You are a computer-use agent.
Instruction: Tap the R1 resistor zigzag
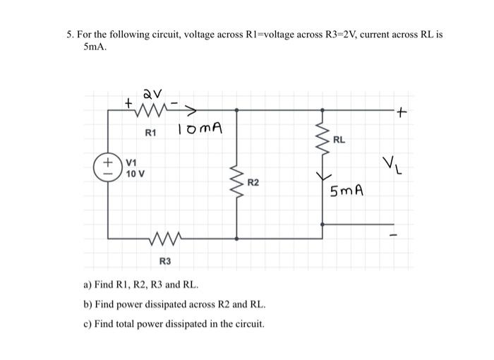coord(153,110)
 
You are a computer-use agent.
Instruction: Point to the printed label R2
coord(253,183)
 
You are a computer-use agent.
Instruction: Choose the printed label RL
coord(339,140)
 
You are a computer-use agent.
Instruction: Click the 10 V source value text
coord(136,174)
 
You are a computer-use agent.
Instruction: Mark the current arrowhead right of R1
coord(191,110)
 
